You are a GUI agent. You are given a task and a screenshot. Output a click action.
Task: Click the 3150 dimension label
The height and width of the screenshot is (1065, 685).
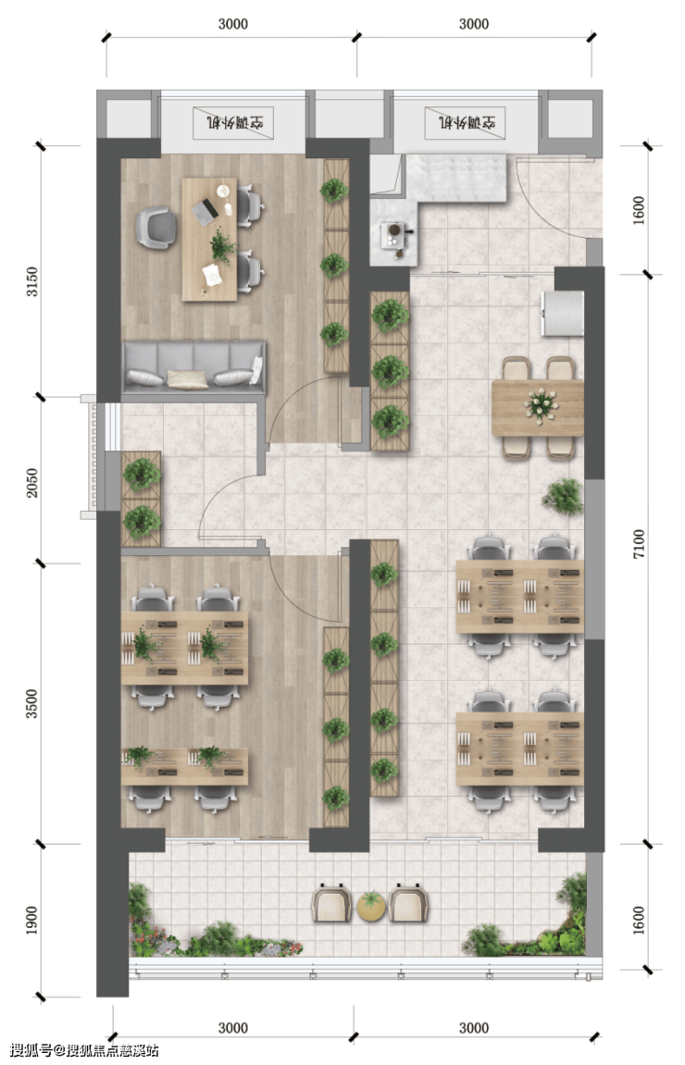point(32,282)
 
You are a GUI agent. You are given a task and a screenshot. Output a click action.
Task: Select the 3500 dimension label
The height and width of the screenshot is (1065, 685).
point(32,704)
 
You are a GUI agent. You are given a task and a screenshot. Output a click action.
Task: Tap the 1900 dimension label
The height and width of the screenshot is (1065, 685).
point(32,921)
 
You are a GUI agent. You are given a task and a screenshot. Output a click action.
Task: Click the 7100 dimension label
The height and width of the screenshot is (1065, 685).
point(639,544)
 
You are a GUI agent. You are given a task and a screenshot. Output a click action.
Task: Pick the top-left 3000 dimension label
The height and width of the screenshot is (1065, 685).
point(233,24)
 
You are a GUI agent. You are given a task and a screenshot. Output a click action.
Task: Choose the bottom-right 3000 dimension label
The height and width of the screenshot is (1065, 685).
point(474,1028)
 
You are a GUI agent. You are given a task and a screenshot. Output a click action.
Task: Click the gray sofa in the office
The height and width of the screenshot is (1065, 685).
point(193,367)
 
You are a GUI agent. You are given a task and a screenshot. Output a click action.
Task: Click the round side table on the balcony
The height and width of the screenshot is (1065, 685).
point(371,906)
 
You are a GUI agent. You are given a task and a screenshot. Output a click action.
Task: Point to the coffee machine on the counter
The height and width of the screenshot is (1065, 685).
point(395,233)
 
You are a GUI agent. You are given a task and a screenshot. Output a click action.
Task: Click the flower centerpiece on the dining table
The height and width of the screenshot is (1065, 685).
point(541,404)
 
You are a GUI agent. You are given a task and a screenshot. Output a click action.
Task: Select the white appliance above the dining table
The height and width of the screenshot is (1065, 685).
point(563,313)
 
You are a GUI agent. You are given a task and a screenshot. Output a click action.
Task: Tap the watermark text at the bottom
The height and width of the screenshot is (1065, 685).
point(84,1050)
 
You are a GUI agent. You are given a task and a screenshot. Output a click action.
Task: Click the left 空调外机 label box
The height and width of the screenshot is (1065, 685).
point(233,123)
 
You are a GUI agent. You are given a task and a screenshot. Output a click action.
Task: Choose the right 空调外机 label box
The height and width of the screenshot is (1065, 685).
point(467,123)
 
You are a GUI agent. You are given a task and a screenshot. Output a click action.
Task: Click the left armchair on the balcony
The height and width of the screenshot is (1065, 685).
point(332,903)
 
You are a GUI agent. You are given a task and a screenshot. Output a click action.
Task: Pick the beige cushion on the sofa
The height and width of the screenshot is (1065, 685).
point(187,379)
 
